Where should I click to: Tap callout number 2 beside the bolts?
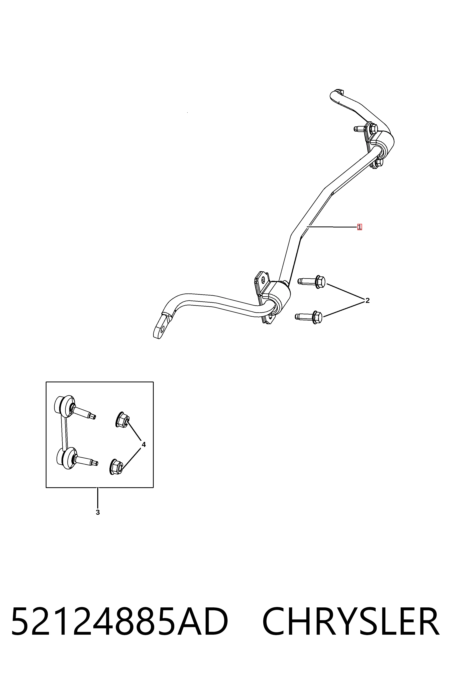(x=367, y=301)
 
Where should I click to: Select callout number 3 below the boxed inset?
(x=98, y=512)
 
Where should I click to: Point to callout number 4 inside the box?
(x=144, y=445)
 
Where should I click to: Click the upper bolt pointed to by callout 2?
(x=311, y=281)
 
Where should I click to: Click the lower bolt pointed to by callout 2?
(x=309, y=317)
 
